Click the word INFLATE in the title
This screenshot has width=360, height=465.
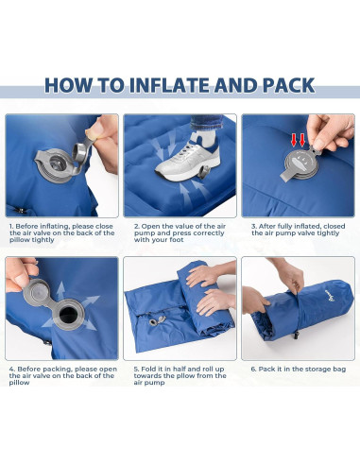tap(169, 84)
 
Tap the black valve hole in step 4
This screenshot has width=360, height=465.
tap(69, 316)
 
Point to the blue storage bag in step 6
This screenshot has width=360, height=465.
tap(283, 317)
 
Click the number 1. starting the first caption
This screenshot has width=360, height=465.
tap(11, 227)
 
